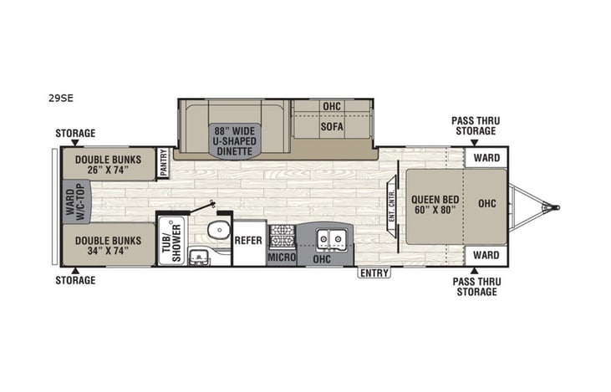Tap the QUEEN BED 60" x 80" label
pyautogui.click(x=435, y=205)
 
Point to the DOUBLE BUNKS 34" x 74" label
pyautogui.click(x=107, y=245)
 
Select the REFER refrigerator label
pyautogui.click(x=248, y=240)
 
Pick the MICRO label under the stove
pyautogui.click(x=282, y=257)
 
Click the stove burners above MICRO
pyautogui.click(x=283, y=235)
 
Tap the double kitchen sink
pyautogui.click(x=332, y=237)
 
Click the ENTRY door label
pyautogui.click(x=374, y=272)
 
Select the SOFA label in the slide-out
pyautogui.click(x=332, y=127)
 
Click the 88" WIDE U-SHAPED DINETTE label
pyautogui.click(x=233, y=140)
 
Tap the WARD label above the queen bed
pyautogui.click(x=486, y=157)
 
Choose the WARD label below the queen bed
pyautogui.click(x=486, y=255)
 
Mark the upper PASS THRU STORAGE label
pyautogui.click(x=474, y=125)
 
